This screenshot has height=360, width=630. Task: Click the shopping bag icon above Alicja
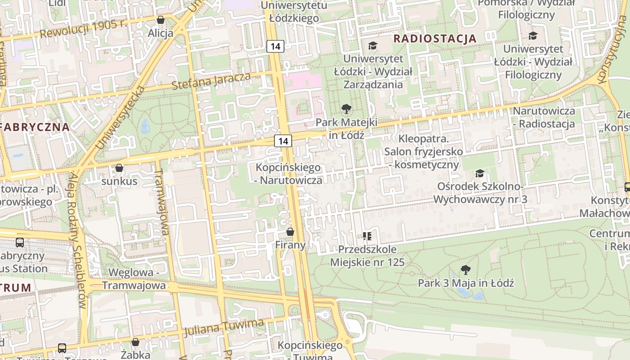click(161, 20)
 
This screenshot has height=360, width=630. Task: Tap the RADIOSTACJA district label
click(435, 39)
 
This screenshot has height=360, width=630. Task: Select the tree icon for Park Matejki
click(346, 108)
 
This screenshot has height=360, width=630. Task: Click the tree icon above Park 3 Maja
click(466, 270)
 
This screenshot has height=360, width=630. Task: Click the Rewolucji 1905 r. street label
click(83, 29)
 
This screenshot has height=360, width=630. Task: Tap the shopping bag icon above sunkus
click(119, 168)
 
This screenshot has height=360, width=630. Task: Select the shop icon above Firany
click(290, 232)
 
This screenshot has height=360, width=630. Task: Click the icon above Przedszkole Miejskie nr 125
click(367, 236)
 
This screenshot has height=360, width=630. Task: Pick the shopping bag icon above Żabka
click(135, 342)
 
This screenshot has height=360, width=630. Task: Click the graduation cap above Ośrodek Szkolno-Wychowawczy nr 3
click(480, 173)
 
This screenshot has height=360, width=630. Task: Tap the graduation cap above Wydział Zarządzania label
click(373, 45)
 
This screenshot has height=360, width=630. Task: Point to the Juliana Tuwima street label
click(224, 327)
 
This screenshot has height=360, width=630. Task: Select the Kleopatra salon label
click(423, 152)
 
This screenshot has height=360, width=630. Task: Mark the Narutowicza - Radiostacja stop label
click(544, 117)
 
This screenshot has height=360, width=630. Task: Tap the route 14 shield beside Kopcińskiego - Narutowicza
click(283, 141)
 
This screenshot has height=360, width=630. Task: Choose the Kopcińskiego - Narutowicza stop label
click(288, 174)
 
